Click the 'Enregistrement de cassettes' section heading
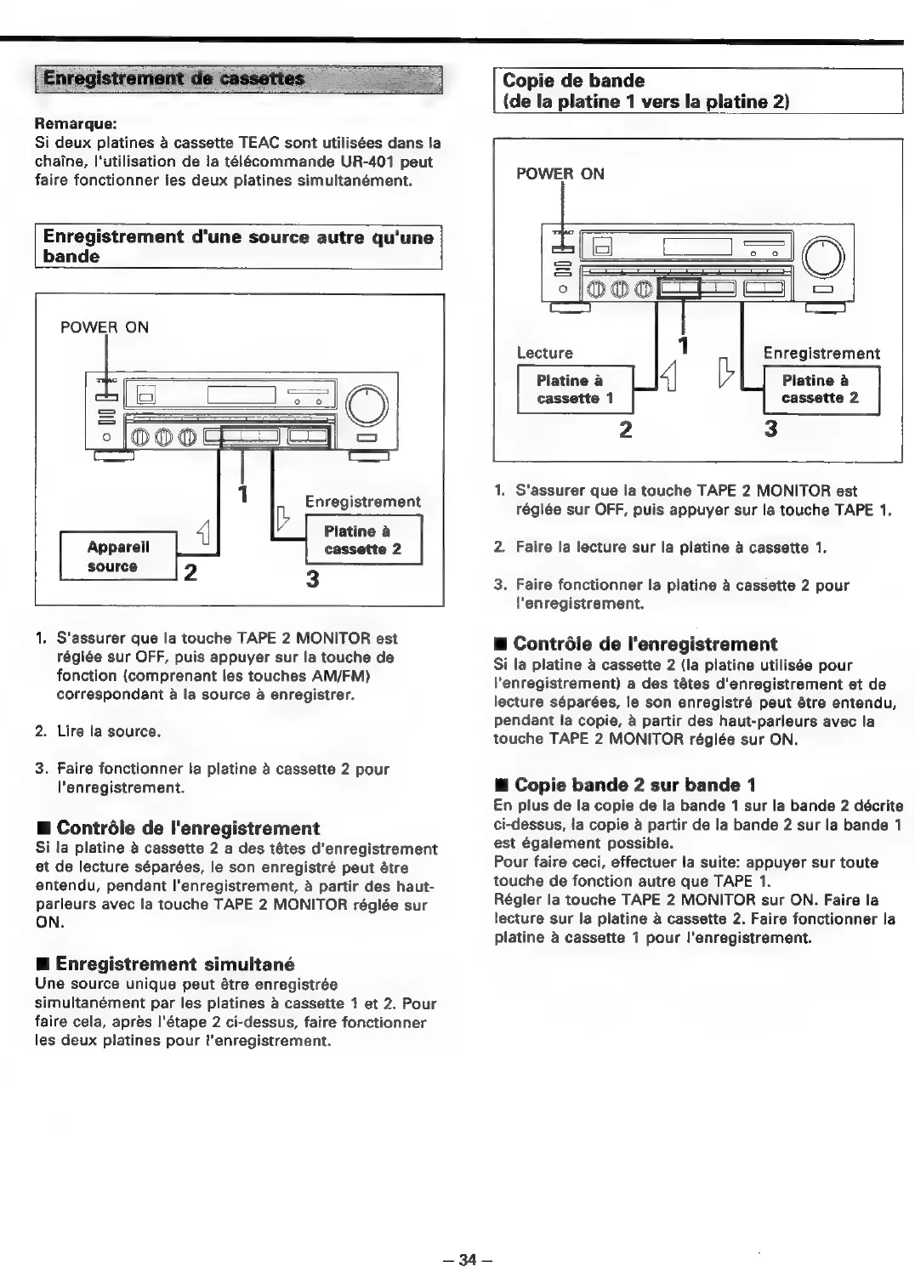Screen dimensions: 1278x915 pos(173,79)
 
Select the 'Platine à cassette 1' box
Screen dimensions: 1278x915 pos(575,389)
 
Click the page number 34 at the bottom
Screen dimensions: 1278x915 pos(464,1260)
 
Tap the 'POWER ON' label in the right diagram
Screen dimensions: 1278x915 pos(560,173)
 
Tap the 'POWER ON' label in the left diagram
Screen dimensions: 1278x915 pos(105,327)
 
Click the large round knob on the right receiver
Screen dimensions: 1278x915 pos(823,254)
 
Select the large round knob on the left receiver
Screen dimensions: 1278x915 pos(367,406)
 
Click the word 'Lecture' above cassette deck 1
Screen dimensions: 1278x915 pos(545,352)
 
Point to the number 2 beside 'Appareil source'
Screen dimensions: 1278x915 pos(190,571)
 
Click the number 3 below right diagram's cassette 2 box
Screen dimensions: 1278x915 pos(770,429)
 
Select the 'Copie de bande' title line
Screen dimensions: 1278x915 pos(574,81)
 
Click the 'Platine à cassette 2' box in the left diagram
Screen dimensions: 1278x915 pos(363,539)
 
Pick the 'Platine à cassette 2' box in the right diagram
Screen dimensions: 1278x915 pos(821,389)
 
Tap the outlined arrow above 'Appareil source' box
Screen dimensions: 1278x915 pos(204,534)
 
